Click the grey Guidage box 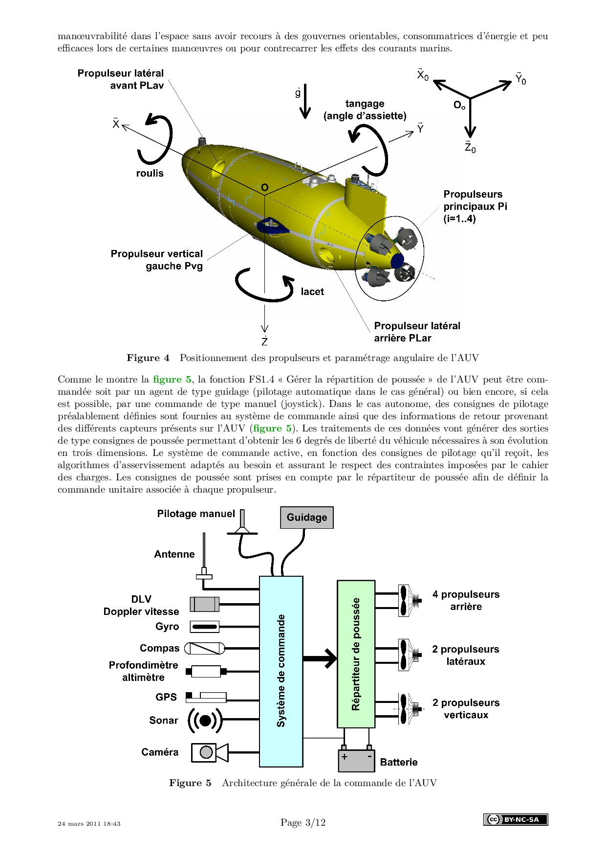tap(306, 518)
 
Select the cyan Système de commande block tap(281, 671)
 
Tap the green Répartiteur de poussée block tap(356, 654)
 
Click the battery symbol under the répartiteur tap(356, 760)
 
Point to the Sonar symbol tap(205, 720)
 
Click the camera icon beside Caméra tap(209, 752)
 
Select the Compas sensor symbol tap(205, 649)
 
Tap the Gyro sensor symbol tap(204, 627)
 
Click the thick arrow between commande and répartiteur tap(320, 658)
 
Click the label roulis tap(150, 173)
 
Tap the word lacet tap(312, 292)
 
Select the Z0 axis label tap(470, 147)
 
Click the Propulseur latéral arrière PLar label tap(417, 332)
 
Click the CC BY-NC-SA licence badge tap(516, 819)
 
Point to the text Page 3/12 tap(303, 822)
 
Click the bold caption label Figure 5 tap(190, 783)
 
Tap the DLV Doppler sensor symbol tap(204, 605)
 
